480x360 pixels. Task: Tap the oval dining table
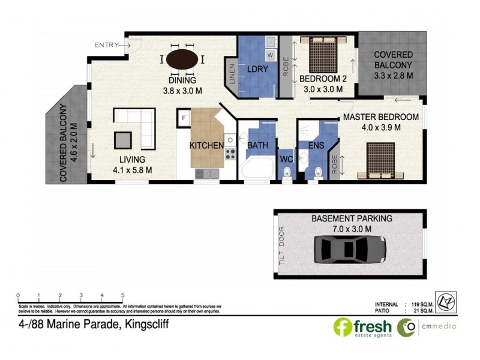pos(183,60)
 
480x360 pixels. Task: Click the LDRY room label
pos(256,70)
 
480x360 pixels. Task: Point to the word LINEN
pos(232,76)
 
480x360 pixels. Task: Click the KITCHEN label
pos(206,145)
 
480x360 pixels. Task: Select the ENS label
pos(316,145)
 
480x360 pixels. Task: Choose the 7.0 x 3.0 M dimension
pos(351,229)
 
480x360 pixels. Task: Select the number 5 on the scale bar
pos(123,295)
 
